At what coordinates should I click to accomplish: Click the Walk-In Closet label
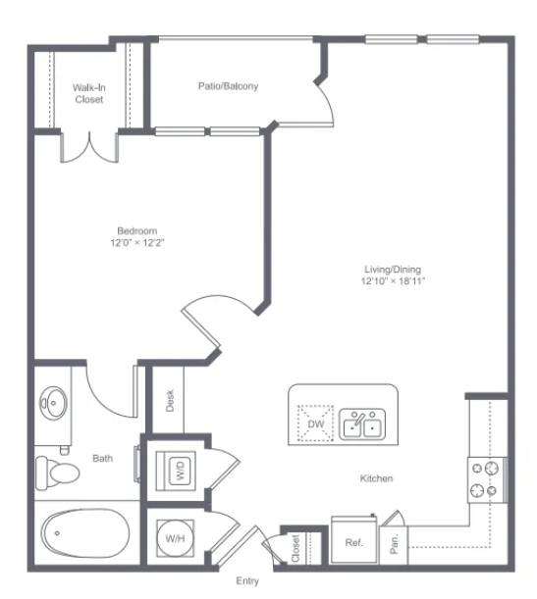pos(89,93)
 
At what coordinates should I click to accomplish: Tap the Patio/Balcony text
pos(228,86)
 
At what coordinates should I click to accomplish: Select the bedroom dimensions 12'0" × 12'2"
pos(136,242)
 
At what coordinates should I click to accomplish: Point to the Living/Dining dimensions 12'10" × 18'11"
pos(393,281)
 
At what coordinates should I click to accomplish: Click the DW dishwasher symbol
pos(315,424)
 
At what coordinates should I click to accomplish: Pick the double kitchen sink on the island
pos(362,424)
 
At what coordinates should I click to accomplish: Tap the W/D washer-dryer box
pos(176,471)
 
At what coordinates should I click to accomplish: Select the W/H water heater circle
pos(175,538)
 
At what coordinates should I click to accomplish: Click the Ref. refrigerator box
pos(354,539)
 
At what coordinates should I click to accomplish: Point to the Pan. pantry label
pos(394,544)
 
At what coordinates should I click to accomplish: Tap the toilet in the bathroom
pos(57,473)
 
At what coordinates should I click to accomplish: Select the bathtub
pos(85,533)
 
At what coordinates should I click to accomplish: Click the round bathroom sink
pos(54,403)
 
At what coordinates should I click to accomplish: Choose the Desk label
pos(170,400)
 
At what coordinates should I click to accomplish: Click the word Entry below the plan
pos(247,581)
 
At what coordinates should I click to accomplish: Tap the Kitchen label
pos(376,478)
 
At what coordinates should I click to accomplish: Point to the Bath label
pos(102,458)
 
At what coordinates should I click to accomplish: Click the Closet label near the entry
pos(295,549)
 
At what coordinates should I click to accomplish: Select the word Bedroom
pos(136,230)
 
